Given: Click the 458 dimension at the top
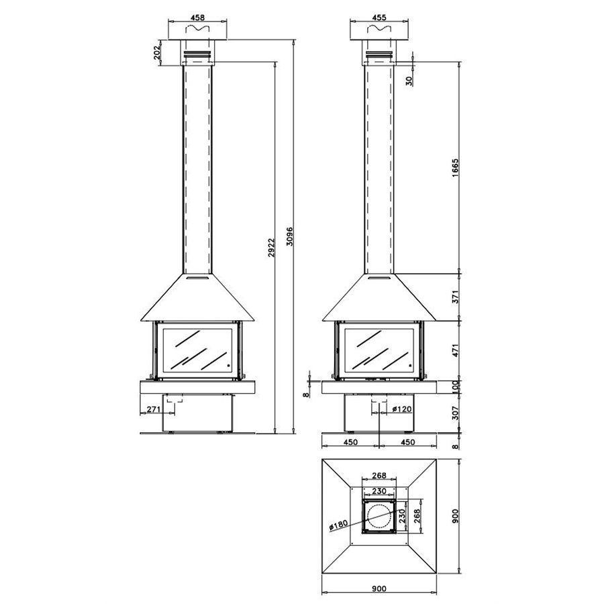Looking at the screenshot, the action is [197, 17].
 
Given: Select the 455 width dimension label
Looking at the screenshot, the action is [379, 17].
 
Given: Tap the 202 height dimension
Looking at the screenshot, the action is [157, 53].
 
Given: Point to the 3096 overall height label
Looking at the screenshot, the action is [290, 236].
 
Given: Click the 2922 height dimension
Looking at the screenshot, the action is [272, 247].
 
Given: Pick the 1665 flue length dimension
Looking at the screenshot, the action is [456, 168].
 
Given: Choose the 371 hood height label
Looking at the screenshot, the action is [456, 297].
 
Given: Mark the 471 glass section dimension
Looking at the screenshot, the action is [456, 350].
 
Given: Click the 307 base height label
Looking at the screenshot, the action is [456, 413].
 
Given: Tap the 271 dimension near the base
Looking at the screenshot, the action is [153, 409].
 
